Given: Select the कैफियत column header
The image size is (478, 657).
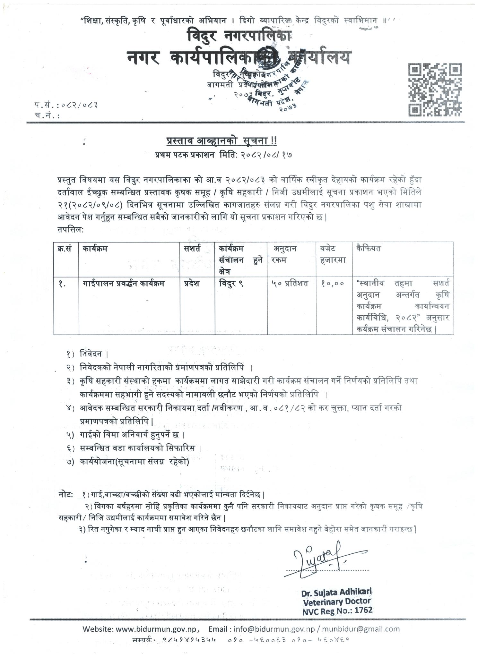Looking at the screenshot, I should [x=369, y=248].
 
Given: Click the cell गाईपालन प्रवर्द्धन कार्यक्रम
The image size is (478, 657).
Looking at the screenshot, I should [x=124, y=284].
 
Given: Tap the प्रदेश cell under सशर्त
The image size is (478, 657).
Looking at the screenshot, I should [x=192, y=284].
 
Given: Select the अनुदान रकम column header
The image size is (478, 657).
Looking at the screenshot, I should [x=284, y=254].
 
